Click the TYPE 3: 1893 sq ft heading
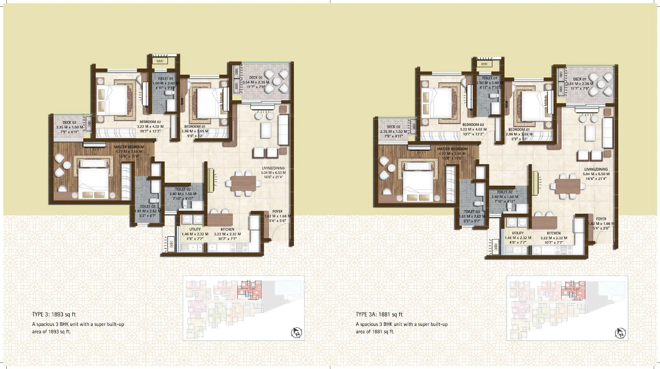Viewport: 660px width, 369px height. tap(54, 314)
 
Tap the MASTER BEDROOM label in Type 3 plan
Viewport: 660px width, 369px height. tap(129, 147)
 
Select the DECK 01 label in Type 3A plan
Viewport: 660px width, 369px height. tap(579, 79)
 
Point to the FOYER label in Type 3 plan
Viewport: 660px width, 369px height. tap(277, 211)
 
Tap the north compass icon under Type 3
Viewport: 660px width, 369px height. tap(297, 333)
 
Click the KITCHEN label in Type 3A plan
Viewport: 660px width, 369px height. tap(554, 233)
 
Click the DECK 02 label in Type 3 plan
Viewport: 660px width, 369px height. tap(69, 122)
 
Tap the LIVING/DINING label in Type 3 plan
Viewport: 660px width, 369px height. tap(273, 168)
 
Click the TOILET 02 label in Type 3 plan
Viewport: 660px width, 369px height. tap(183, 189)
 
